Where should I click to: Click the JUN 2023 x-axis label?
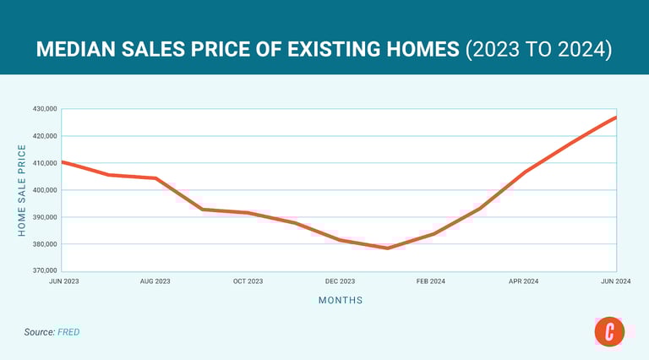coord(63,281)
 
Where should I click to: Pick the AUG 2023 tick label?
coord(155,281)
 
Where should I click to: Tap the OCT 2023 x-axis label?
coord(248,281)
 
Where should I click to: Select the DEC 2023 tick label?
coord(340,281)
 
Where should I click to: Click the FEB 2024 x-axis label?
coord(432,281)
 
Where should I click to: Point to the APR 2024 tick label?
coord(524,281)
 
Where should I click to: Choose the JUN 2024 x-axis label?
coord(615,281)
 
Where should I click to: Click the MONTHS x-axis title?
coord(341,300)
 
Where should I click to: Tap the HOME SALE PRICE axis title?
coord(23,190)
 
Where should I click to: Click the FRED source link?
coord(68,332)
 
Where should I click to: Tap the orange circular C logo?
coord(609,331)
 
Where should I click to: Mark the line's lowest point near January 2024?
coord(387,248)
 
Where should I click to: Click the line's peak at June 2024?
coord(615,117)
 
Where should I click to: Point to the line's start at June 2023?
coord(64,161)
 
